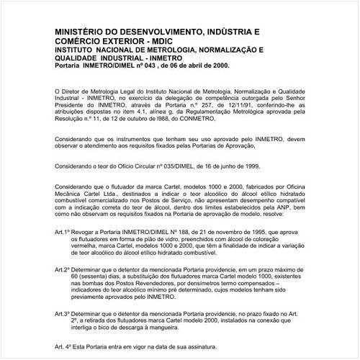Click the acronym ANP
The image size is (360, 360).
(x=287, y=207)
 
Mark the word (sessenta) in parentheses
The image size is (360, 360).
(x=99, y=274)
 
